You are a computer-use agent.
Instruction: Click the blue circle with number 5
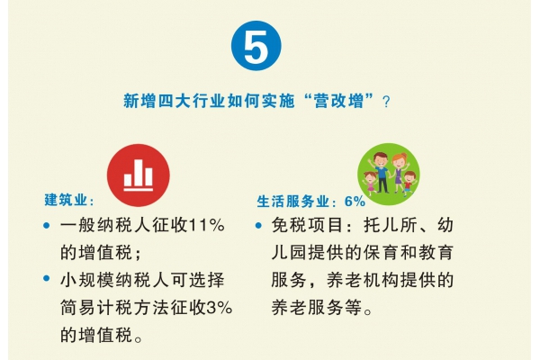pos(256,46)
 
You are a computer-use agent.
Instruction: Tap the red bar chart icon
pos(139,175)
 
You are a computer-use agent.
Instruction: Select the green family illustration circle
pos(389,174)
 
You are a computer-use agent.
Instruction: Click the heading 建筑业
pos(66,200)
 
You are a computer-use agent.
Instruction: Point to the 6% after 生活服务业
pos(355,202)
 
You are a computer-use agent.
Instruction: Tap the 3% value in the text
pos(220,308)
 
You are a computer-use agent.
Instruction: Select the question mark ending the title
pos(386,102)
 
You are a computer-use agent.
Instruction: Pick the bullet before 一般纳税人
pos(47,226)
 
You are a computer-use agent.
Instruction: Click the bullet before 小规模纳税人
pos(47,278)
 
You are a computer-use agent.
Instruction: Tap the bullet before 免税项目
pos(258,226)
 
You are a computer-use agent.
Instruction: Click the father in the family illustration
pos(381,172)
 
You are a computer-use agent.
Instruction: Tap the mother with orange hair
pos(399,173)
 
